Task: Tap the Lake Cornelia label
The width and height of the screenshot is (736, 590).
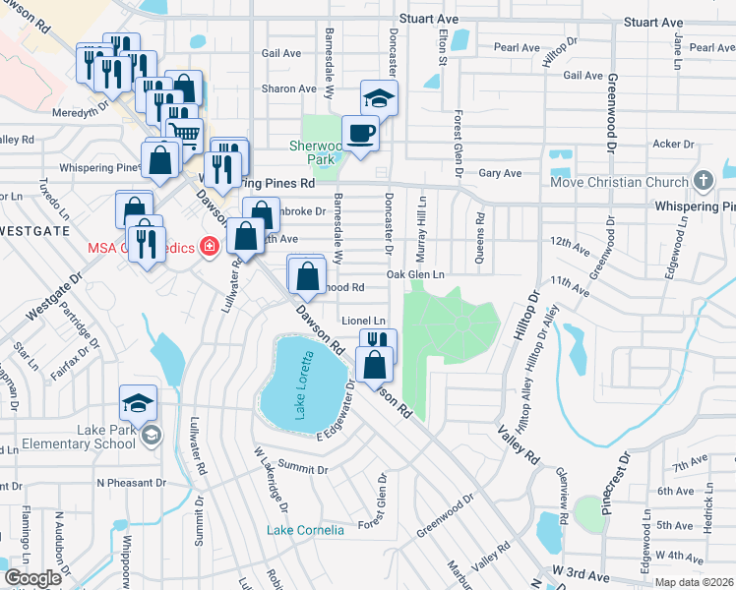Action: [x=305, y=530]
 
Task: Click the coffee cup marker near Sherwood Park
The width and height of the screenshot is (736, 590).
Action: [x=360, y=133]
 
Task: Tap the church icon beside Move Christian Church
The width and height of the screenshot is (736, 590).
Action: [x=702, y=181]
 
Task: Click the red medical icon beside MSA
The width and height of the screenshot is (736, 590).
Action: [x=209, y=246]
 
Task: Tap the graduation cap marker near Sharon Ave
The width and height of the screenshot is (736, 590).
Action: [x=379, y=98]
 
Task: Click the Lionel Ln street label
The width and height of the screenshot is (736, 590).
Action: [x=363, y=321]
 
